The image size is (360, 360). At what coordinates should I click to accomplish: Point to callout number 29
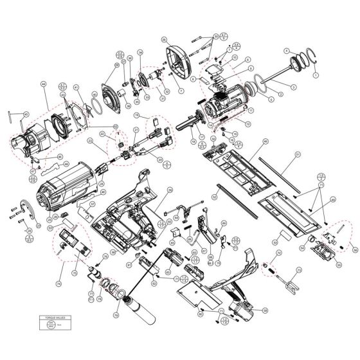(x=165, y=22)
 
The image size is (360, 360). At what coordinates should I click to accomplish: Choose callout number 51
(x=298, y=154)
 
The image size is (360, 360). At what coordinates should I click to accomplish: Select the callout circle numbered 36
(x=129, y=59)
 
